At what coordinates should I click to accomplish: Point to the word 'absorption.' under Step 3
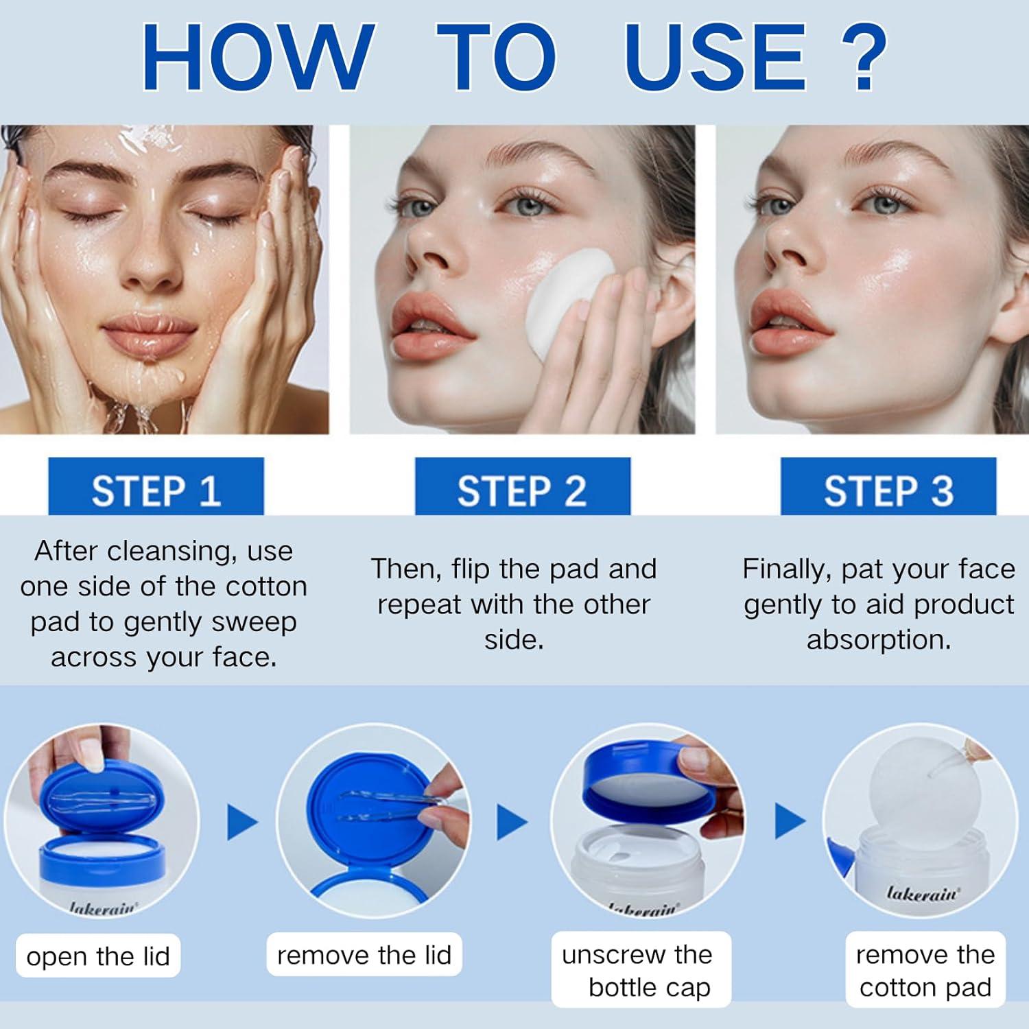coord(879,639)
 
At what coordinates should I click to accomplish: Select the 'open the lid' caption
coord(98,956)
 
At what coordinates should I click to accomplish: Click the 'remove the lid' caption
coord(364,954)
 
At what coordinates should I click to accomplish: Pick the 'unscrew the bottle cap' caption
coord(641,970)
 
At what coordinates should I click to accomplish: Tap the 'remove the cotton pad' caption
coord(925,970)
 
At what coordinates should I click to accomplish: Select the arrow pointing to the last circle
coord(789,821)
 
